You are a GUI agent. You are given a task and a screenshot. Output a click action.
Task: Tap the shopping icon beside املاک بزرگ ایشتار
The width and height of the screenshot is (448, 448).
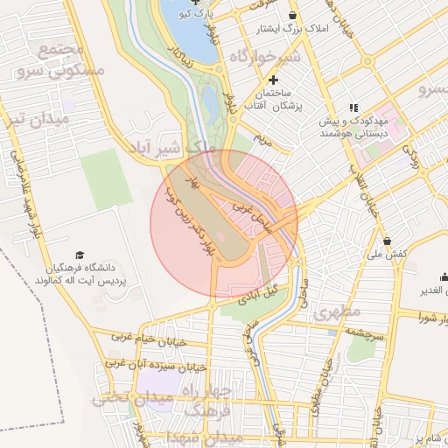(x=292, y=15)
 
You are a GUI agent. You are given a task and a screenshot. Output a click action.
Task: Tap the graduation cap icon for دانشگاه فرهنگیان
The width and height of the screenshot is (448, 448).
(x=80, y=255)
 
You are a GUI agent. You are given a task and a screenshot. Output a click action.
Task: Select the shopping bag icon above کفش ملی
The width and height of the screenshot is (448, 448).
(x=387, y=241)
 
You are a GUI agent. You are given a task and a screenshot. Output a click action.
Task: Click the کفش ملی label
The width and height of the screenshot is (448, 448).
(x=388, y=254)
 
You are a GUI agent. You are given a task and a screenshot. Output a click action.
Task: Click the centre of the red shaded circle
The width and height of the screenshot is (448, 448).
(x=224, y=224)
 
